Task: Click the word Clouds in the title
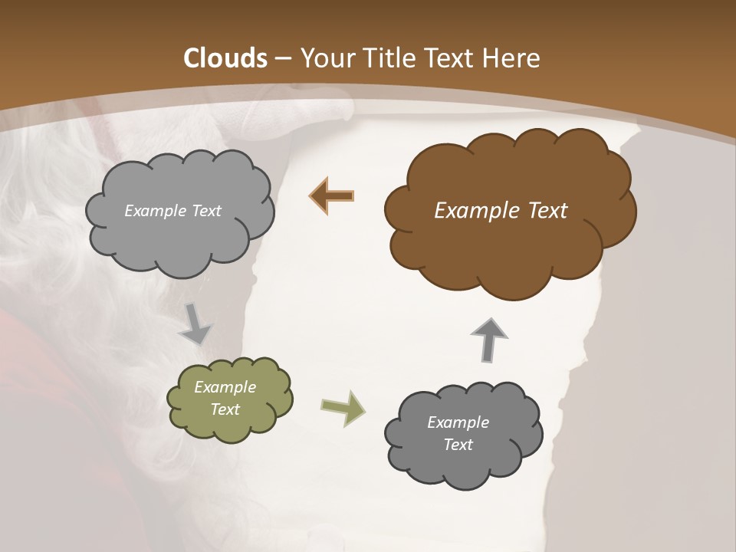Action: tap(225, 58)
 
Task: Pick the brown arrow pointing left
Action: tap(332, 196)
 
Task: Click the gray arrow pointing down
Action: tap(195, 324)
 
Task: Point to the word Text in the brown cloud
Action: tap(547, 211)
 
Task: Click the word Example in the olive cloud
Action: tap(225, 387)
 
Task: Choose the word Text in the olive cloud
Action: tap(225, 409)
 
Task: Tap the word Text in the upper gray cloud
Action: tap(206, 211)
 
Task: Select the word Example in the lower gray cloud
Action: tap(458, 422)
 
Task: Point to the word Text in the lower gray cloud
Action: tap(458, 445)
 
